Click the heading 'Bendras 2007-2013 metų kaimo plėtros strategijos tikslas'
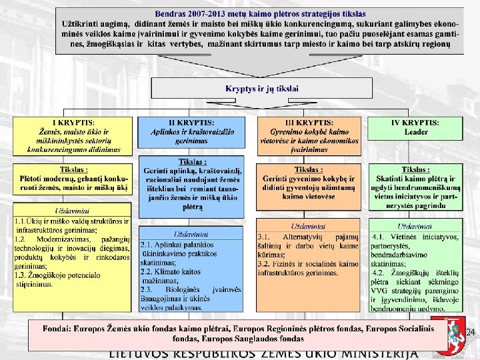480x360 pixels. (x=260, y=13)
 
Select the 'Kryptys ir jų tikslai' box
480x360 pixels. (x=261, y=89)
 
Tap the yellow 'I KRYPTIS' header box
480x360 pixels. (x=73, y=136)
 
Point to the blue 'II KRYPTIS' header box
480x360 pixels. (x=191, y=132)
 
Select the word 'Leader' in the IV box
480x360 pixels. (x=417, y=132)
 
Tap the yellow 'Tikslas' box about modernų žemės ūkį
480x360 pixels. (x=73, y=179)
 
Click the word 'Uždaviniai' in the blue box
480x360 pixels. (x=191, y=235)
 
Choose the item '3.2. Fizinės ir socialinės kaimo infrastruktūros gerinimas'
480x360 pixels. (x=307, y=268)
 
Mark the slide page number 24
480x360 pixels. (x=470, y=332)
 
